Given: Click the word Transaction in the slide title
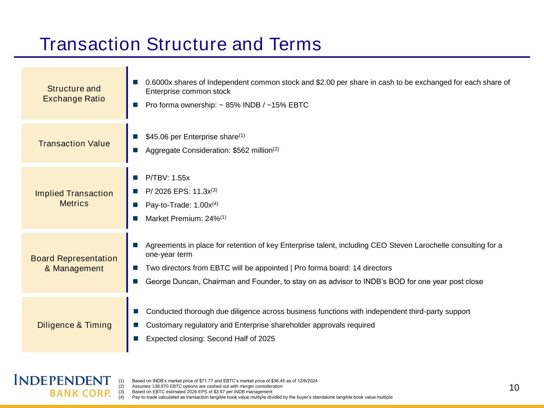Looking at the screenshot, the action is click(90, 44).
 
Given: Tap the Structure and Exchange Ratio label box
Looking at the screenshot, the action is click(74, 93).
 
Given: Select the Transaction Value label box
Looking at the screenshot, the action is click(74, 143).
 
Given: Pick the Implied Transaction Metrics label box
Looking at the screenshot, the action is click(74, 198).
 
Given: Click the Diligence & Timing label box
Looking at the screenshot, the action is click(74, 324).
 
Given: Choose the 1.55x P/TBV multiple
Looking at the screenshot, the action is click(181, 178).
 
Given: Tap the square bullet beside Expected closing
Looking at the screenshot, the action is click(136, 338).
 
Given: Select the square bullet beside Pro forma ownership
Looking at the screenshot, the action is click(136, 105).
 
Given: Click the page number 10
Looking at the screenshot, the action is click(514, 388).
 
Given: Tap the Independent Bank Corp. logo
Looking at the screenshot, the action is click(62, 385).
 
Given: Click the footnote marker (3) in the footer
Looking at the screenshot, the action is click(121, 392).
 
